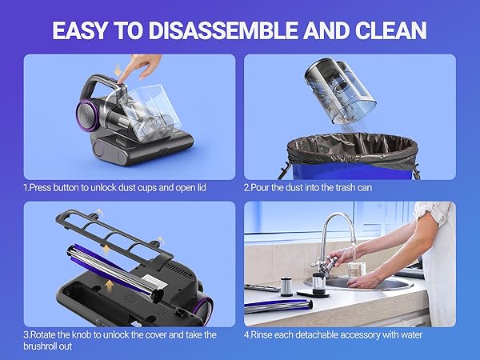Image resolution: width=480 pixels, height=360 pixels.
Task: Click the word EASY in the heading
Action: [84, 30]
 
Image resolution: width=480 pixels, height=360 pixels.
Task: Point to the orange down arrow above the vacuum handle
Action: [120, 72]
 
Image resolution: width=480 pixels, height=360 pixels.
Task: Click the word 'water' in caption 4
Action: [407, 335]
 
